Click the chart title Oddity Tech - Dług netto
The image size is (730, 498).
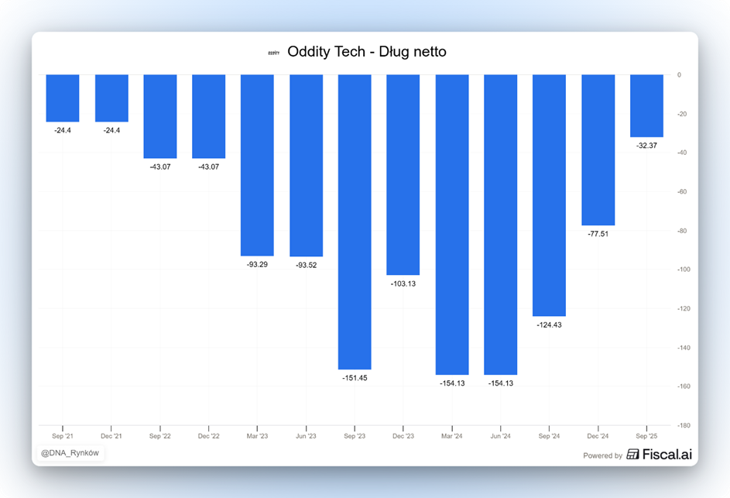point(366,52)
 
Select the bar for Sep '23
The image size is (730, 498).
point(355,222)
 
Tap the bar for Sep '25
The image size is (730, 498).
point(646,105)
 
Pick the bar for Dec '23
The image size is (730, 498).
point(403,174)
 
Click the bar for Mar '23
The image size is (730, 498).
point(257,165)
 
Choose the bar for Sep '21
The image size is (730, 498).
point(63,98)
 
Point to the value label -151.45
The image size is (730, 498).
point(355,378)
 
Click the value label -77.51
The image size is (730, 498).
point(598,234)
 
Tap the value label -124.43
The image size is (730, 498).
point(549,325)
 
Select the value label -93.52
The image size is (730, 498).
point(306,265)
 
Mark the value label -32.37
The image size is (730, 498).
point(646,146)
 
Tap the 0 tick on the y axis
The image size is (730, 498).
point(679,75)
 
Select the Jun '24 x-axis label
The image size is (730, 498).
point(500,437)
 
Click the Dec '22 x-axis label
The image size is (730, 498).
point(208,437)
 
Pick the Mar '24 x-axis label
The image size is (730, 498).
point(452,437)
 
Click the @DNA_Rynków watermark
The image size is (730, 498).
point(70,452)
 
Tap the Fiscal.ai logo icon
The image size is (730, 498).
point(632,455)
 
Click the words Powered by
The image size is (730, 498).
point(602,455)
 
